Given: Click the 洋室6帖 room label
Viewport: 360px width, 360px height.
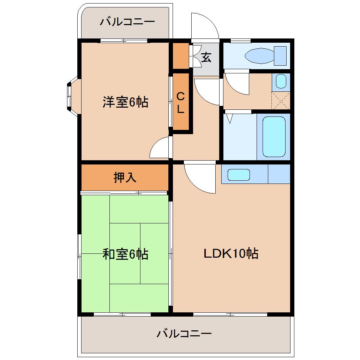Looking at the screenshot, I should click(x=125, y=102).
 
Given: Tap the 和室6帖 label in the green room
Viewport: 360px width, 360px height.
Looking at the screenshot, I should click(x=125, y=254).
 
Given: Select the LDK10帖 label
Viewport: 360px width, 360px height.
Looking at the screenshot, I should click(x=231, y=253).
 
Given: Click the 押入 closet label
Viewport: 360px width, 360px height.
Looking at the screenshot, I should click(x=125, y=178).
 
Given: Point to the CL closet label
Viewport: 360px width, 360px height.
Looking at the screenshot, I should click(x=180, y=102).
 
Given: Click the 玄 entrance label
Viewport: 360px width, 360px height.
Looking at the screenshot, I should click(x=206, y=57).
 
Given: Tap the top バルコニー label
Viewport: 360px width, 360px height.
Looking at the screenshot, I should click(x=127, y=22).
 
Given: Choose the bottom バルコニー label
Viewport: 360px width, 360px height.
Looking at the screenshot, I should click(x=184, y=333).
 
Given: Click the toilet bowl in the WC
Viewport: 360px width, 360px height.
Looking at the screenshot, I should click(x=259, y=56).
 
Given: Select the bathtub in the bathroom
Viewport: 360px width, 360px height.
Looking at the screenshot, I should click(x=274, y=137).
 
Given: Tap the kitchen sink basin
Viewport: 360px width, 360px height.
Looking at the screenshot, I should click(x=239, y=175).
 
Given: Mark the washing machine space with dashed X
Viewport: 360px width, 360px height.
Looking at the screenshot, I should click(x=281, y=100).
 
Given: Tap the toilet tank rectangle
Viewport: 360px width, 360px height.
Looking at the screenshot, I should click(x=280, y=55).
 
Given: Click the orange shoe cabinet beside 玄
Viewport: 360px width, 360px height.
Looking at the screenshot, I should click(x=180, y=56).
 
